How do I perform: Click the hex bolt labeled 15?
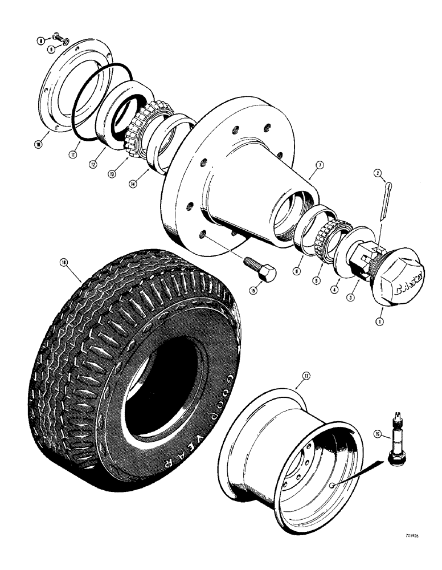pyautogui.click(x=260, y=268)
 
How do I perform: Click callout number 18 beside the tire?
pyautogui.click(x=63, y=263)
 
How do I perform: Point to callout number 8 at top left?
pyautogui.click(x=40, y=40)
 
